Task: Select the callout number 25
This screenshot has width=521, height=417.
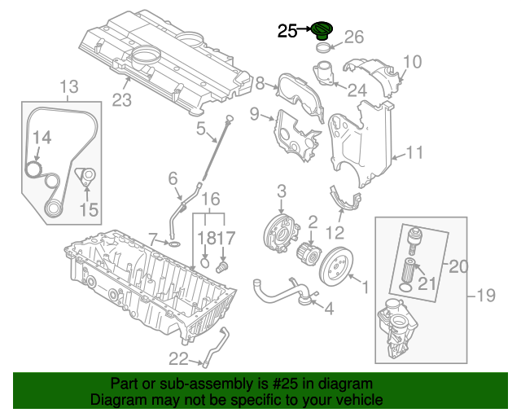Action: coord(287,31)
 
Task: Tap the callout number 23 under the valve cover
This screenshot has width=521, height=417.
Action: coord(121,100)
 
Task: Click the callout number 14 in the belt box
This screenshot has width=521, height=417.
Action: coord(41,138)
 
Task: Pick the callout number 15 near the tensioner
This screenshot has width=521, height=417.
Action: coord(89,210)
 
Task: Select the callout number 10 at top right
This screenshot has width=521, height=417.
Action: coord(413,61)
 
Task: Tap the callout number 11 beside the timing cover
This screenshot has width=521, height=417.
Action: coord(415,151)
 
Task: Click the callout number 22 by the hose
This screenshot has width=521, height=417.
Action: coord(178,358)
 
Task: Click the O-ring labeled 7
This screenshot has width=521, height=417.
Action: coord(173,242)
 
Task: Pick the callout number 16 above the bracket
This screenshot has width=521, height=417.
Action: coord(210,199)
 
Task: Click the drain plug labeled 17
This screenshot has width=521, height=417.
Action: coord(225,266)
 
